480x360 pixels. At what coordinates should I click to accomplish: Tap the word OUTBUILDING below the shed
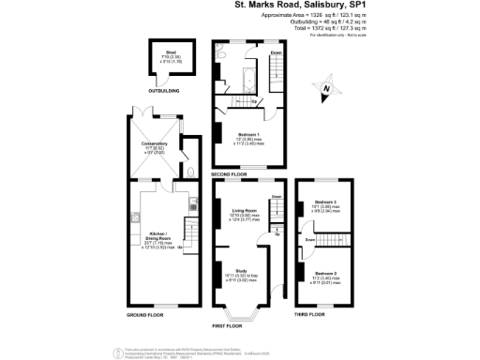coord(163,91)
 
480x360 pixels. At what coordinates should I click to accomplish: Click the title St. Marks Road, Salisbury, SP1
coord(293,5)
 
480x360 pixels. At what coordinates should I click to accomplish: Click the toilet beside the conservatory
coord(190,172)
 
